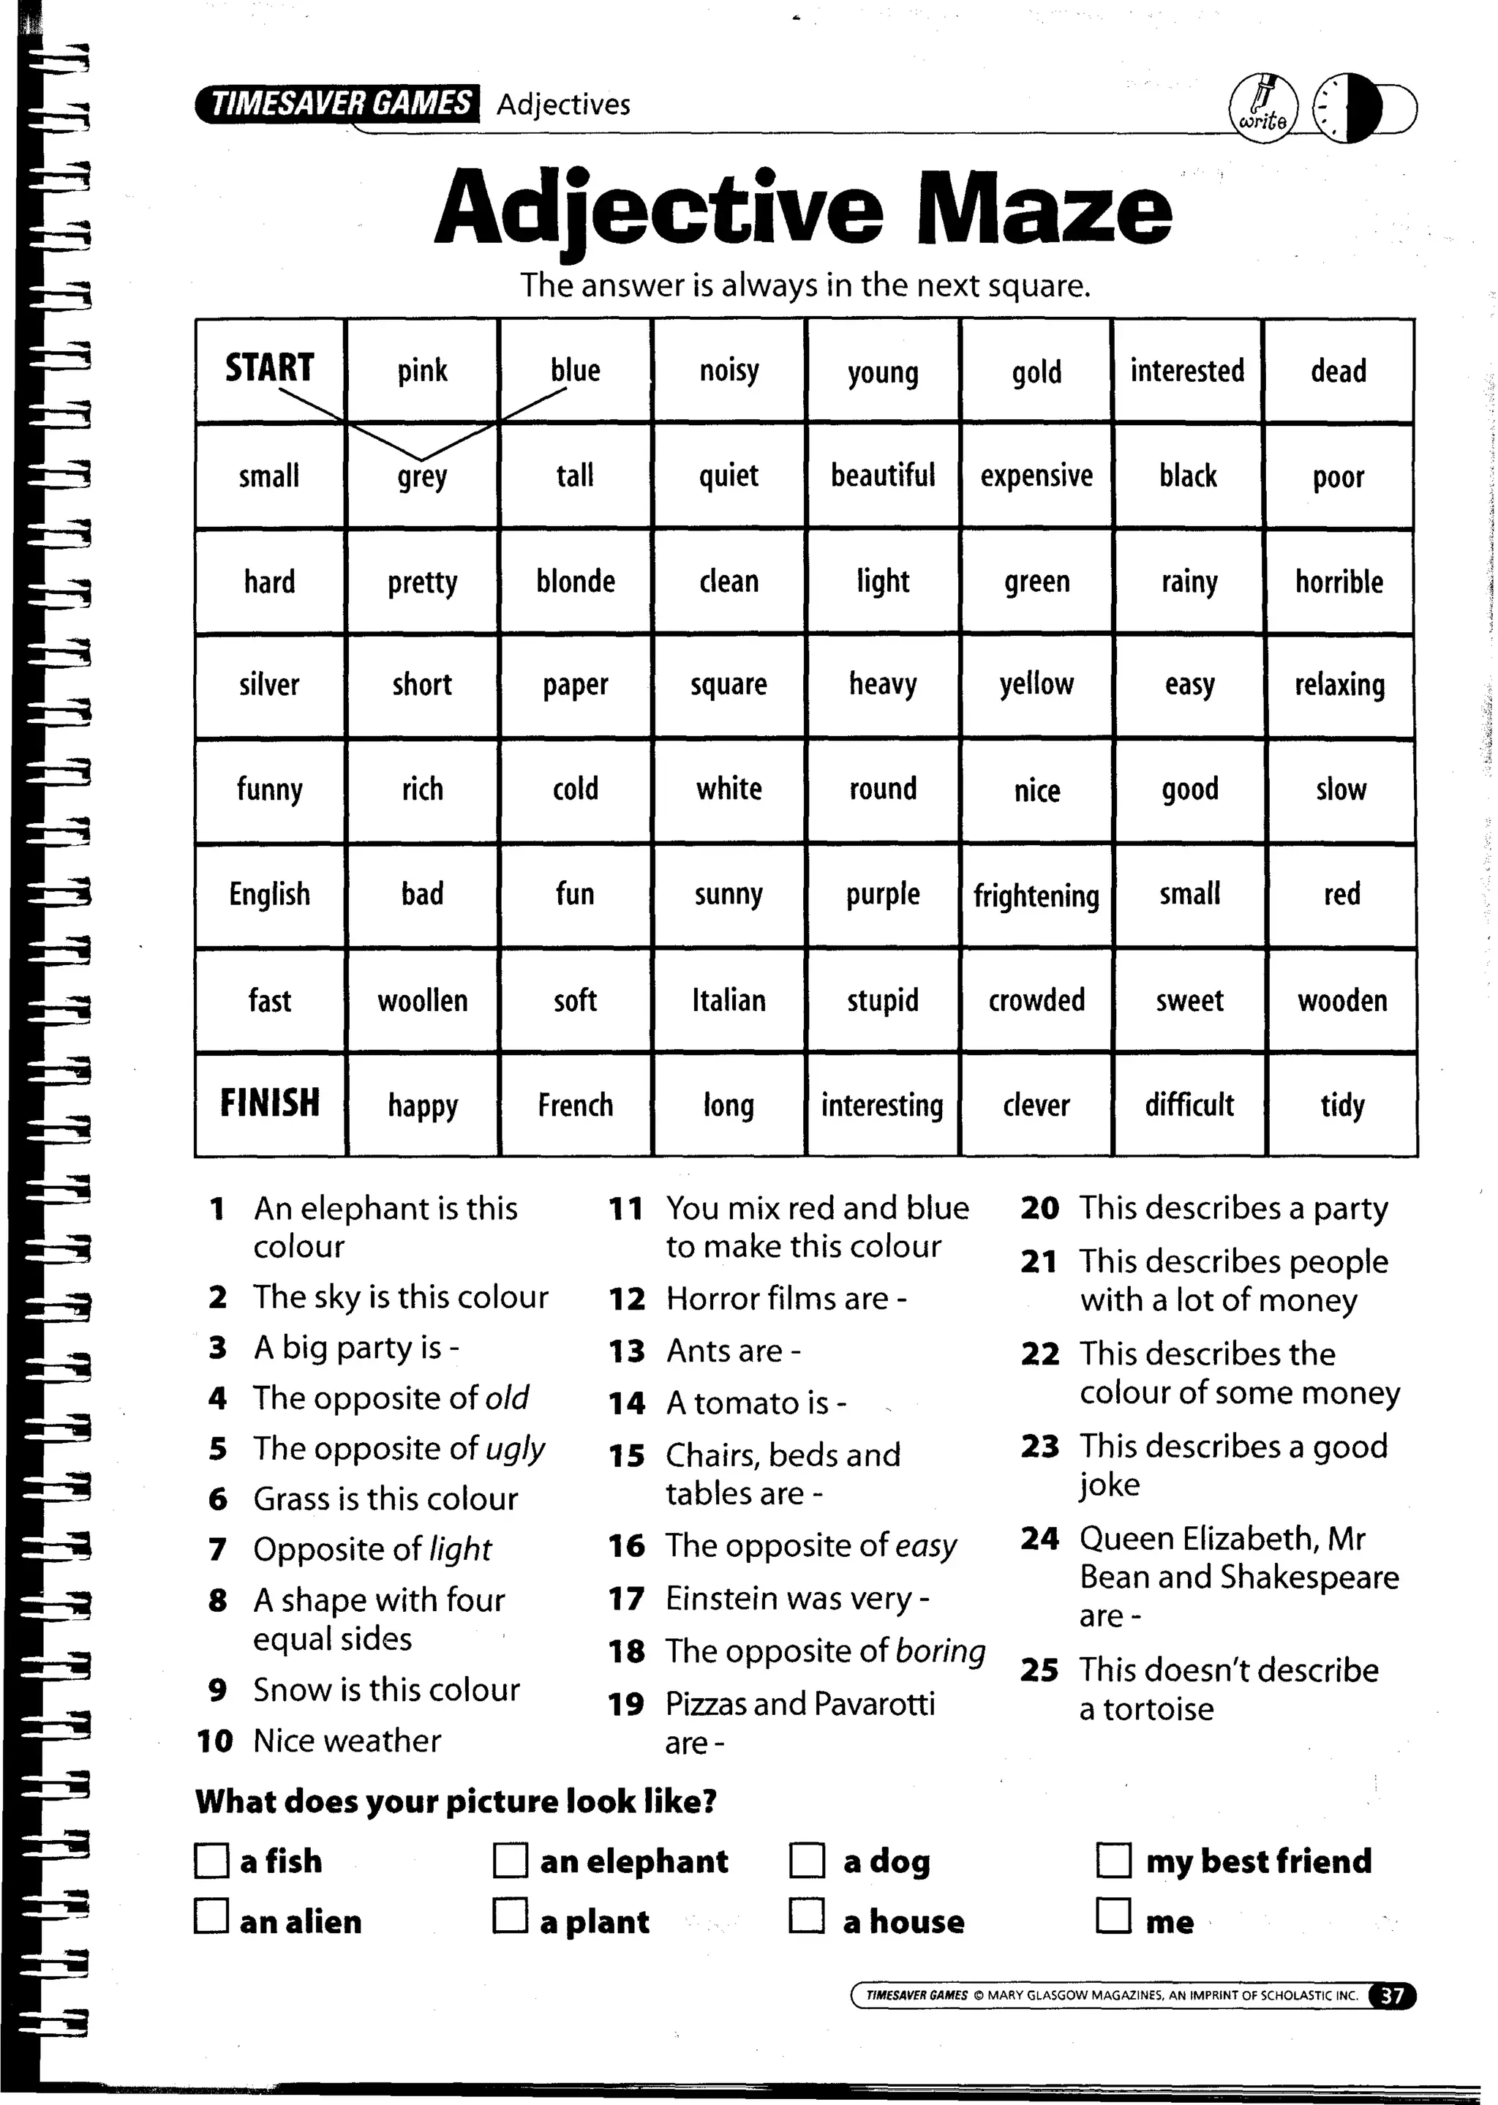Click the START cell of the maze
click(269, 369)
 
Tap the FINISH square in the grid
click(269, 1103)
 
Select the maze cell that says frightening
click(1036, 896)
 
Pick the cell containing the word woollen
click(423, 1001)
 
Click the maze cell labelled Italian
click(729, 1001)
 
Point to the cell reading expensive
click(1036, 476)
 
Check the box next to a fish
click(211, 1861)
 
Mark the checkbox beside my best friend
click(1113, 1860)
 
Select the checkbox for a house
click(807, 1916)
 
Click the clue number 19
click(626, 1705)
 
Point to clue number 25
click(1039, 1670)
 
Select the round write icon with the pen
click(1262, 109)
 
